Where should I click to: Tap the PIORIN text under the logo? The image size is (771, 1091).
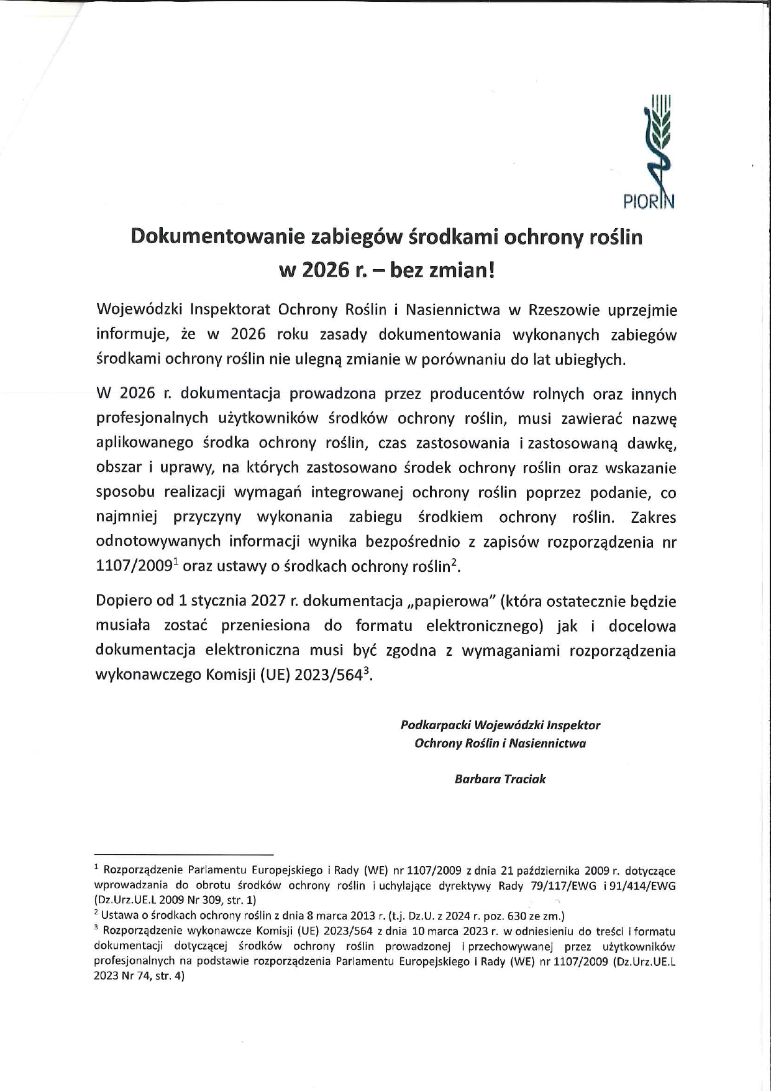648,202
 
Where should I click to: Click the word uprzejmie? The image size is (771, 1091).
642,310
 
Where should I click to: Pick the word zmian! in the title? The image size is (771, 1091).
459,271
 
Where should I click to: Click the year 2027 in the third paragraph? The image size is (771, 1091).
268,601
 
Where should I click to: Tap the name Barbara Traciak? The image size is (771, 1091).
500,779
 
